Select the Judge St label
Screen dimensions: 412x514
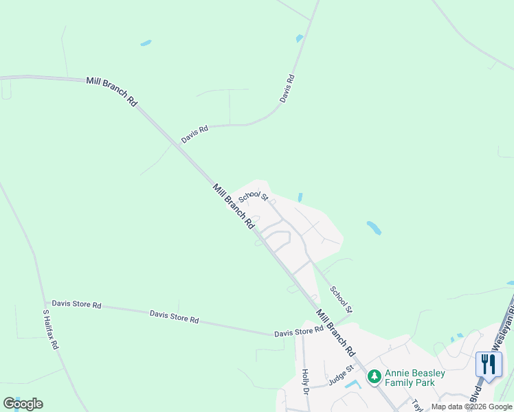tap(340, 377)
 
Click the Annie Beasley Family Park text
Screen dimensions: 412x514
tap(414, 378)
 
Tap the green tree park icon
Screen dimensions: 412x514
tap(374, 376)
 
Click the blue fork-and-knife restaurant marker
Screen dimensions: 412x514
tap(489, 364)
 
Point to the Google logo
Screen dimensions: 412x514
tap(23, 404)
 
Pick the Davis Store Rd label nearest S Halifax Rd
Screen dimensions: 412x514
tap(76, 304)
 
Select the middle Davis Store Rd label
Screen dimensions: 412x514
tap(174, 317)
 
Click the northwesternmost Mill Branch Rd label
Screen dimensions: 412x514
tap(111, 91)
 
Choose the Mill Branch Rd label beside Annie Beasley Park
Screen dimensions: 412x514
tap(335, 332)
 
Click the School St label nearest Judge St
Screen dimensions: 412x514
tap(340, 300)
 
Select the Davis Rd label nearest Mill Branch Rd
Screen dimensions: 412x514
tap(194, 134)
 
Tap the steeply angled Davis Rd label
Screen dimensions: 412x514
tap(287, 89)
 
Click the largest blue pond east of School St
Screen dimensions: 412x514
tap(374, 227)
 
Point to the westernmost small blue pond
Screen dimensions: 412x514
tap(146, 43)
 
